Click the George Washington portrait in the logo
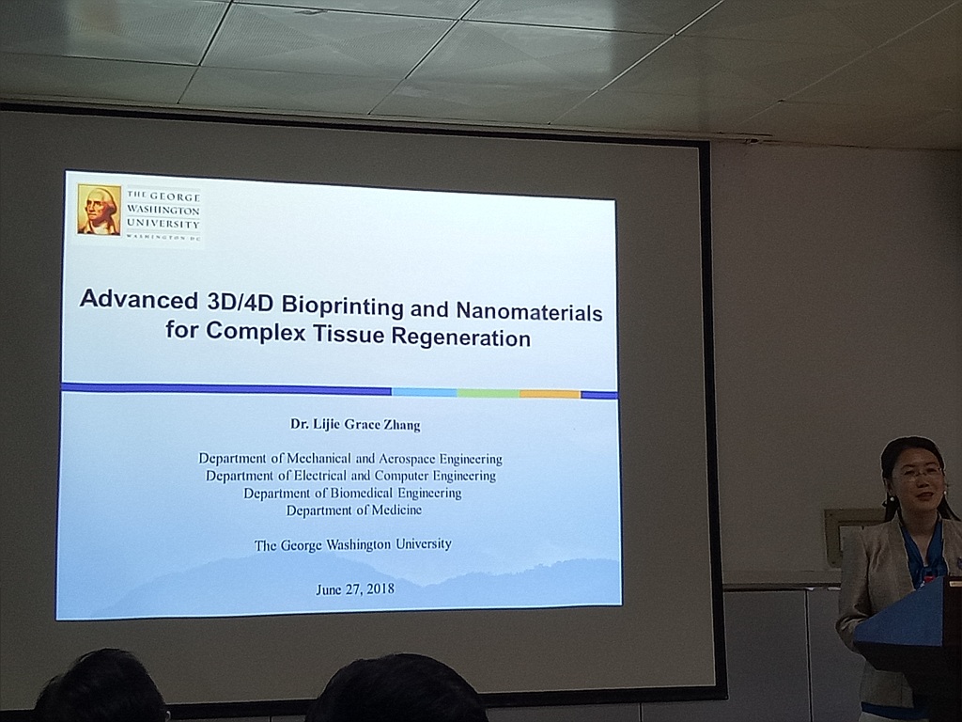[x=99, y=210]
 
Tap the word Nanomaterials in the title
[x=529, y=312]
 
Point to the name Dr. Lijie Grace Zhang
[x=355, y=424]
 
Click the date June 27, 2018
[x=354, y=589]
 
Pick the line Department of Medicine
[x=354, y=510]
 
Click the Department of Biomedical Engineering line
[x=352, y=493]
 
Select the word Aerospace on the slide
[x=407, y=459]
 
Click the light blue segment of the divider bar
[x=424, y=392]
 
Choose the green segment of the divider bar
[x=489, y=393]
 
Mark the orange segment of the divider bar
[x=550, y=394]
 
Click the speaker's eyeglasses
[x=919, y=473]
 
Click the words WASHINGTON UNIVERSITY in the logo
[x=163, y=217]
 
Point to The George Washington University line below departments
[x=353, y=544]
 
